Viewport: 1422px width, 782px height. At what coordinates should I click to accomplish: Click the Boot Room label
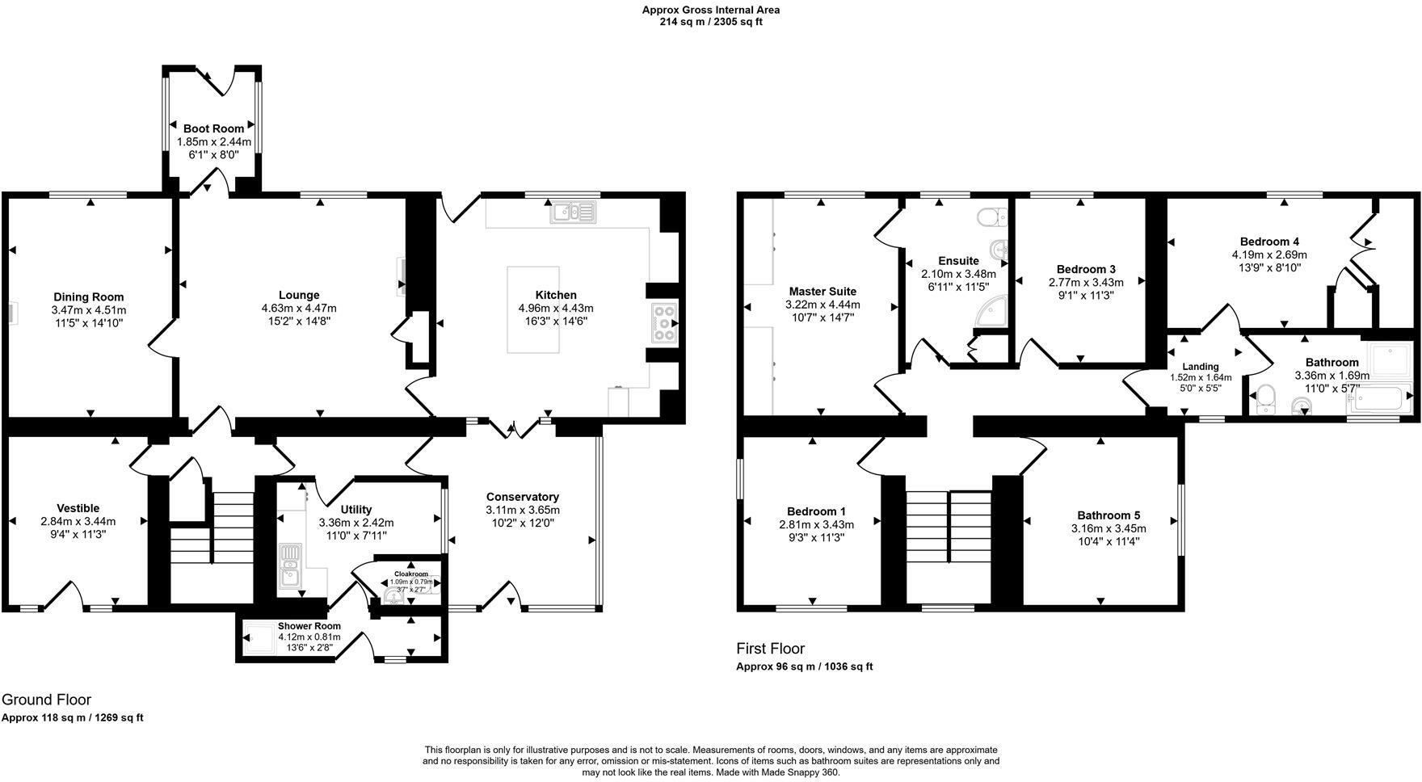coord(213,128)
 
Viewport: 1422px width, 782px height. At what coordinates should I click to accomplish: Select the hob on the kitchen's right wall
coord(663,323)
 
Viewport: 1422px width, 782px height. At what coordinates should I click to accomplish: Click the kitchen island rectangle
coord(533,309)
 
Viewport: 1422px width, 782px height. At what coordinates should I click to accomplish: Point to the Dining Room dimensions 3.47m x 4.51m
coord(89,309)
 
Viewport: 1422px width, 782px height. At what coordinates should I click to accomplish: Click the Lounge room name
coord(299,295)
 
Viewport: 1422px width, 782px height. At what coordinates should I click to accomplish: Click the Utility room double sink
coord(289,565)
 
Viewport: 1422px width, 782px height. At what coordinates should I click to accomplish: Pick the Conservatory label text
coord(523,497)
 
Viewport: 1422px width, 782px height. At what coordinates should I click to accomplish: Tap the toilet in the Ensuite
coord(991,217)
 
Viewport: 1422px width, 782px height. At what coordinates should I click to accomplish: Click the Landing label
coord(1200,367)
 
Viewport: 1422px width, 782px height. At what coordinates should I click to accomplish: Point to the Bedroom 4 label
coord(1269,242)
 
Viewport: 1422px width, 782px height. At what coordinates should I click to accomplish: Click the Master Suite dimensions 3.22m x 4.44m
coord(822,305)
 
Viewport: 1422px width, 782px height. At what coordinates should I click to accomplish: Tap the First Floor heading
coord(770,648)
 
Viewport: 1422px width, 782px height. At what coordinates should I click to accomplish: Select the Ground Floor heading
coord(46,700)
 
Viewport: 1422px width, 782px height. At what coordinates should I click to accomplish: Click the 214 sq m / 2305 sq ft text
coord(711,22)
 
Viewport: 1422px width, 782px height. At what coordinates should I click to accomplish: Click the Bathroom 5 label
coord(1109,515)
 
